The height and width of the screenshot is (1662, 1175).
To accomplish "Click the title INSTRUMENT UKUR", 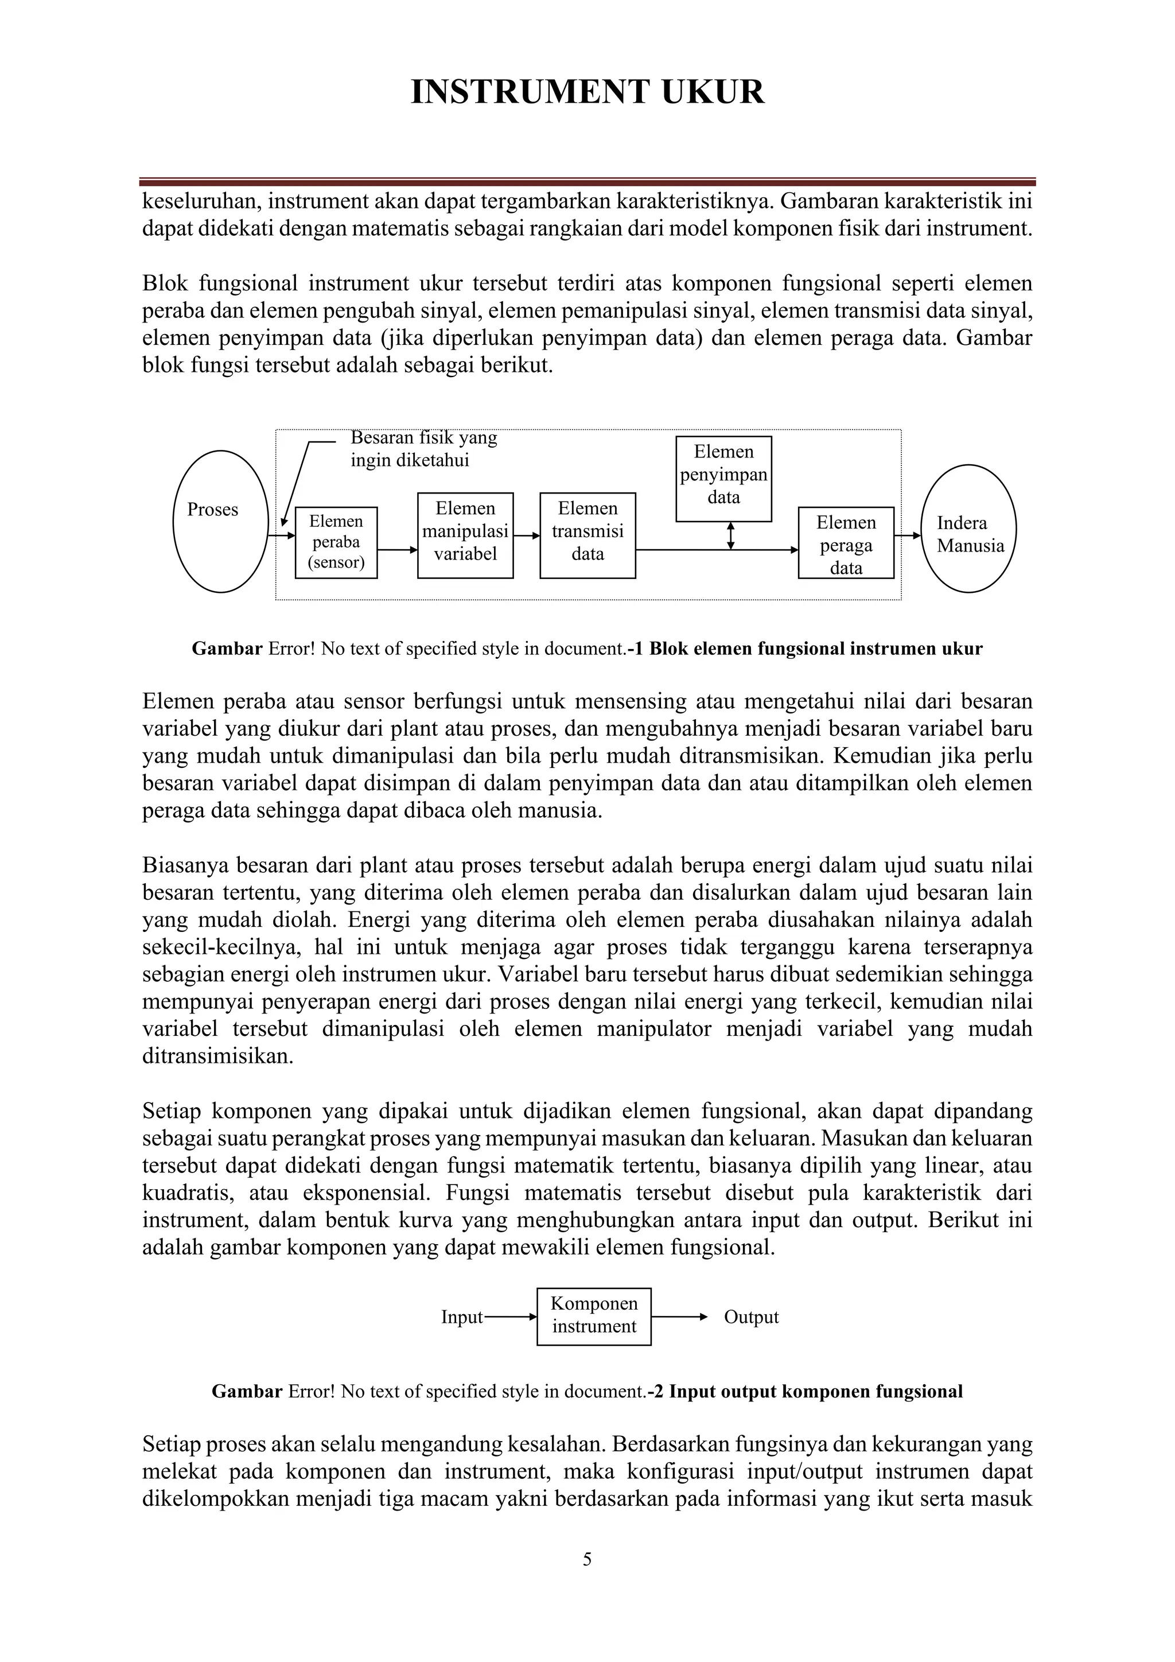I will pyautogui.click(x=587, y=92).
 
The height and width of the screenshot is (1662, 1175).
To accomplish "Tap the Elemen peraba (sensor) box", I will pyautogui.click(x=336, y=542).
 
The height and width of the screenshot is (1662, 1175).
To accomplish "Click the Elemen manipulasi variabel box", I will pyautogui.click(x=465, y=535).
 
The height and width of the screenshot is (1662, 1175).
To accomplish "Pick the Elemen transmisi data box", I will pyautogui.click(x=587, y=535).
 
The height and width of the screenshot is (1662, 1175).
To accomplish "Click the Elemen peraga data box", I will pyautogui.click(x=846, y=542).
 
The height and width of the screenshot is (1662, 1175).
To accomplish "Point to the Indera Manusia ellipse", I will pyautogui.click(x=970, y=529).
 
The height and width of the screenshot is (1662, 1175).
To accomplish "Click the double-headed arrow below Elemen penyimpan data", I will pyautogui.click(x=731, y=535).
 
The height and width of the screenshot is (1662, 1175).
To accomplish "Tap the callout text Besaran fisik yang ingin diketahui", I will pyautogui.click(x=423, y=449).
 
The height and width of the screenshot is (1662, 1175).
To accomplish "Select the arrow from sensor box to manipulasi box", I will pyautogui.click(x=397, y=550).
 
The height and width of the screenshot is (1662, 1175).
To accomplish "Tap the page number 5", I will pyautogui.click(x=587, y=1559).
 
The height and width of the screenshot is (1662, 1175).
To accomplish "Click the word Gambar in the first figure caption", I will pyautogui.click(x=227, y=649).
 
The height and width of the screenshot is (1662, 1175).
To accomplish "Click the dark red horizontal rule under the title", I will pyautogui.click(x=587, y=182).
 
